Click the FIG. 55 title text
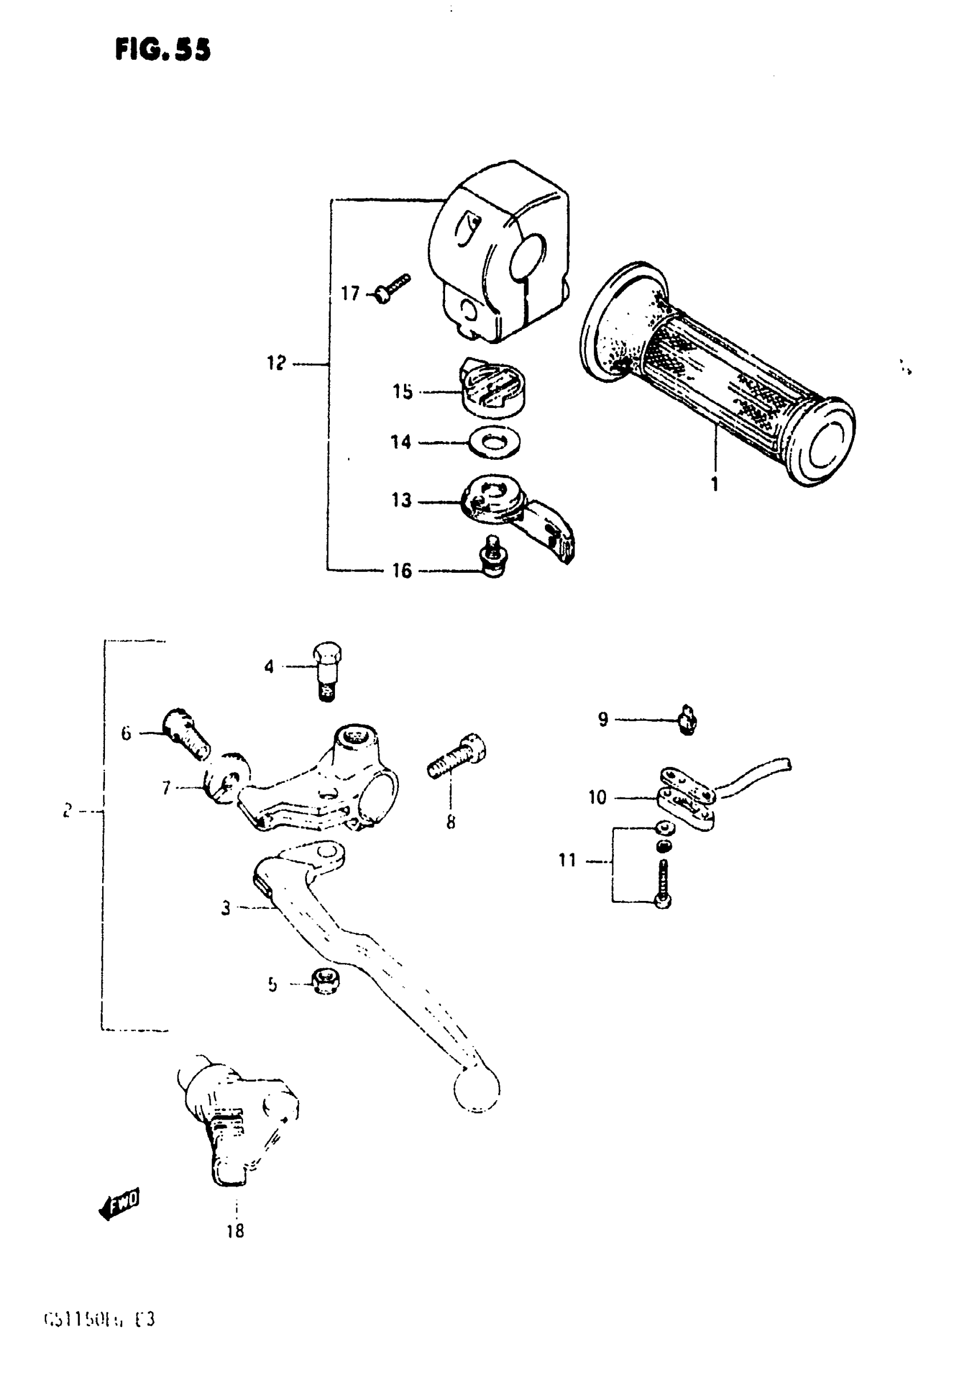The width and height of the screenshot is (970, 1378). (163, 50)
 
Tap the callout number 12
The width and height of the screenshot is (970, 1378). (276, 363)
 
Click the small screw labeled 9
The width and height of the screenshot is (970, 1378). (688, 720)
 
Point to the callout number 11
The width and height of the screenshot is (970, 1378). (567, 860)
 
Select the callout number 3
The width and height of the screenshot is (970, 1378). (226, 908)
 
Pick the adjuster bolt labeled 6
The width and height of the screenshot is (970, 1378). (187, 735)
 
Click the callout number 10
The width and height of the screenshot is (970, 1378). (597, 797)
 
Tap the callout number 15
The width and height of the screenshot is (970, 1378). (403, 391)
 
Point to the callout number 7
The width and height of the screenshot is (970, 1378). (166, 787)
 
